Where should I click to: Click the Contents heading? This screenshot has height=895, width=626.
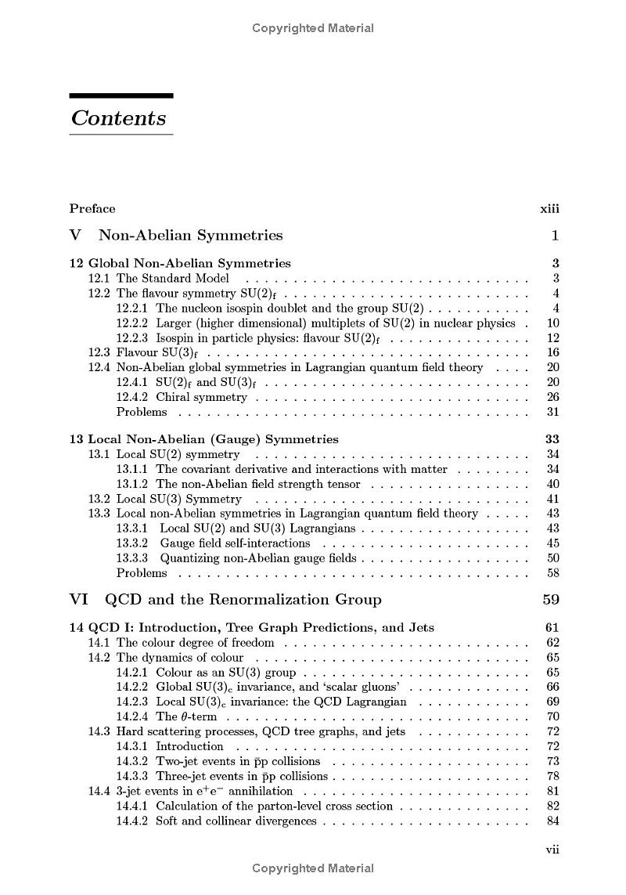[x=118, y=118]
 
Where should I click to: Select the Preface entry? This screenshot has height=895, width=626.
[x=92, y=208]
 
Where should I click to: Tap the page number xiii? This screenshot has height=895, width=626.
[x=549, y=208]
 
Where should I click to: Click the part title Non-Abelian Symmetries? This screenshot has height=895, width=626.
[x=190, y=235]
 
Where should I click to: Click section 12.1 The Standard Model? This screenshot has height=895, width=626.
[x=172, y=278]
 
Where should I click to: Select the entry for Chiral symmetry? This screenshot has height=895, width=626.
[x=201, y=397]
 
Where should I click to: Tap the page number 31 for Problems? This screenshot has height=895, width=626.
[x=552, y=412]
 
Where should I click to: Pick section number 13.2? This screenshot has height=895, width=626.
[x=99, y=499]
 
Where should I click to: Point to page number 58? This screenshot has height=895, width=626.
[x=552, y=572]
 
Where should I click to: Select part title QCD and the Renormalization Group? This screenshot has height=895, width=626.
[x=243, y=600]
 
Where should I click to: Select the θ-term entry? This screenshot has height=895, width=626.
[x=186, y=716]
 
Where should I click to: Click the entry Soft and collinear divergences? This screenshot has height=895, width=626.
[x=236, y=821]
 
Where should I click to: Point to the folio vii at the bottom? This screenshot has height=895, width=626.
[x=552, y=850]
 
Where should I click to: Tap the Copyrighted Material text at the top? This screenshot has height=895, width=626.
[x=313, y=28]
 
